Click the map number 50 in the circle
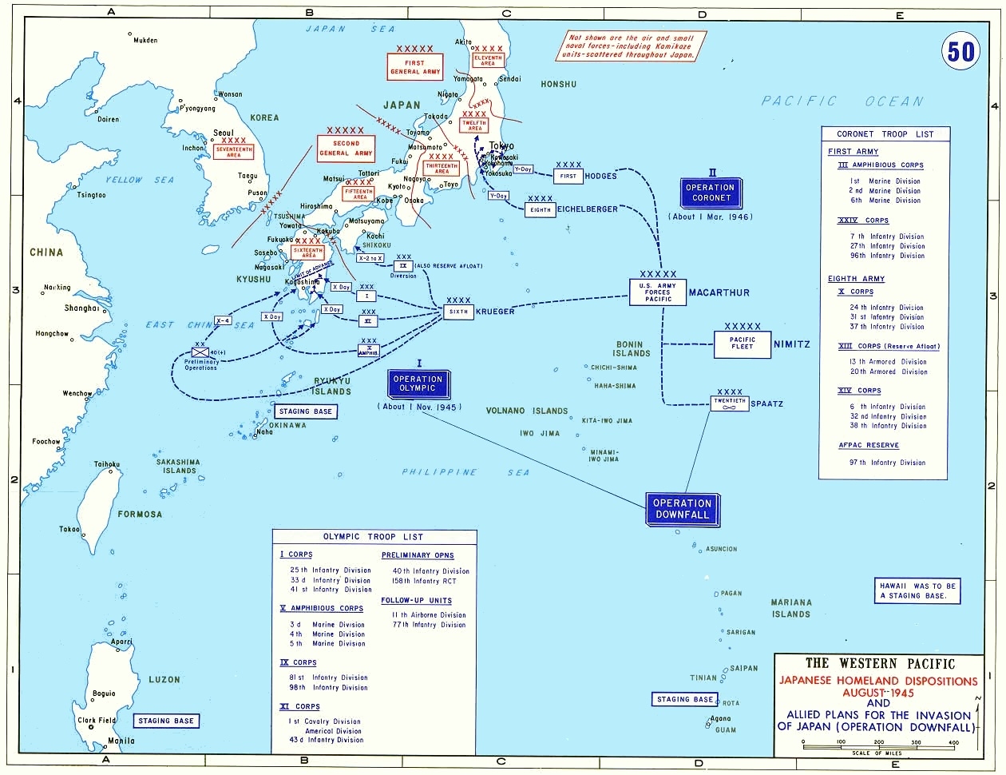pyautogui.click(x=960, y=51)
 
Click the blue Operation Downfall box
pyautogui.click(x=682, y=509)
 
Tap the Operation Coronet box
pyautogui.click(x=711, y=193)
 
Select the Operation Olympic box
pyautogui.click(x=418, y=384)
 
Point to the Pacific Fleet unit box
pyautogui.click(x=742, y=344)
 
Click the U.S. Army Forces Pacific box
pyautogui.click(x=659, y=292)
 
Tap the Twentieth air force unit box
pyautogui.click(x=730, y=403)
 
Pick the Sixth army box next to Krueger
pyautogui.click(x=458, y=312)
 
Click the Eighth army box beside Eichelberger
pyautogui.click(x=541, y=209)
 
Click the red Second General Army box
pyautogui.click(x=346, y=148)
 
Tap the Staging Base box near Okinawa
pyautogui.click(x=306, y=411)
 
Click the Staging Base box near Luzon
pyautogui.click(x=165, y=721)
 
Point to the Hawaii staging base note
pyautogui.click(x=917, y=590)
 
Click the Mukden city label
pyautogui.click(x=145, y=40)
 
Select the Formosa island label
pyautogui.click(x=140, y=515)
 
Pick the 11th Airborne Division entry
pyautogui.click(x=429, y=615)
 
